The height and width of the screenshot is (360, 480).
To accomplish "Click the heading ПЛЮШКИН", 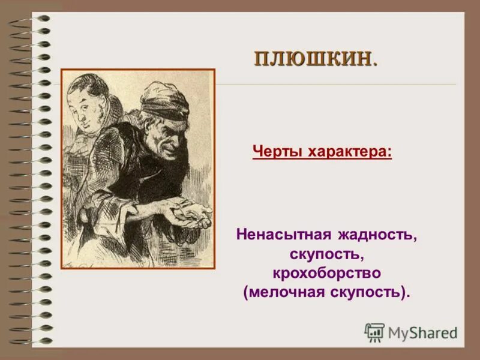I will tap(313, 58).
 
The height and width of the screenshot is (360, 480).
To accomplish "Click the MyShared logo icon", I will tap(374, 332).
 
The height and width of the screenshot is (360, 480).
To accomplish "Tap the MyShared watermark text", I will tap(422, 332).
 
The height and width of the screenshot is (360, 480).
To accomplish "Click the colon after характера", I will tap(389, 152).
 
